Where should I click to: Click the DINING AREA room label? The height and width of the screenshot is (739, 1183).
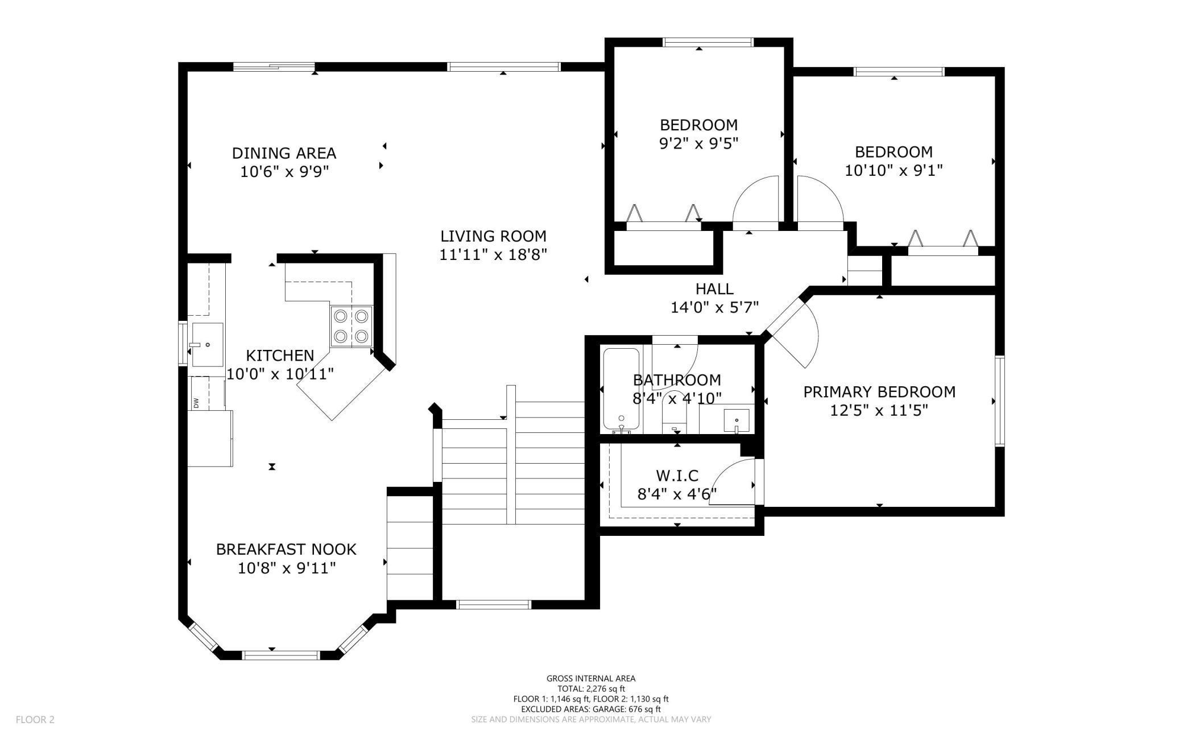tap(284, 153)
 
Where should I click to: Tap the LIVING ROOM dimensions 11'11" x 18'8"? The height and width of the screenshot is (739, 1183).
tap(493, 254)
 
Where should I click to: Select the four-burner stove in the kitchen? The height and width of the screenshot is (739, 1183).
tap(351, 327)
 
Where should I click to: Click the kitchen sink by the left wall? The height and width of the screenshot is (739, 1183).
tap(207, 344)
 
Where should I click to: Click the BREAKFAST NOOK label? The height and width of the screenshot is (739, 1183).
tap(286, 549)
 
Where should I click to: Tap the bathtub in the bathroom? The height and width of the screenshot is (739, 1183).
tap(621, 390)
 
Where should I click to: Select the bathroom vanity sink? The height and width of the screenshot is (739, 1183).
tap(736, 420)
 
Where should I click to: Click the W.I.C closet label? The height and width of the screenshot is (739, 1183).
tap(677, 475)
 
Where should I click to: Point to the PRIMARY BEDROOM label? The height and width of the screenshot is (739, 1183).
tap(879, 392)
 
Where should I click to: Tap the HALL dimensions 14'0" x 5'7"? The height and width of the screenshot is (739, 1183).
tap(714, 308)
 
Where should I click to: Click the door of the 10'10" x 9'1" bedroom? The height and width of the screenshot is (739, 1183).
tap(818, 202)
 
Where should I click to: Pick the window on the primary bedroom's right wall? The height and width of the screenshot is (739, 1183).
tap(999, 401)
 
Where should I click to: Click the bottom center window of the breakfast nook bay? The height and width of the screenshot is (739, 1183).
tap(281, 655)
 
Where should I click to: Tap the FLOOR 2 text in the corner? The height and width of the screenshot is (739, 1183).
tap(35, 720)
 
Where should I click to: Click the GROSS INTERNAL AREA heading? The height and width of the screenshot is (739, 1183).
tap(591, 678)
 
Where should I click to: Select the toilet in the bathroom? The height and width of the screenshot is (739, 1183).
tap(675, 418)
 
